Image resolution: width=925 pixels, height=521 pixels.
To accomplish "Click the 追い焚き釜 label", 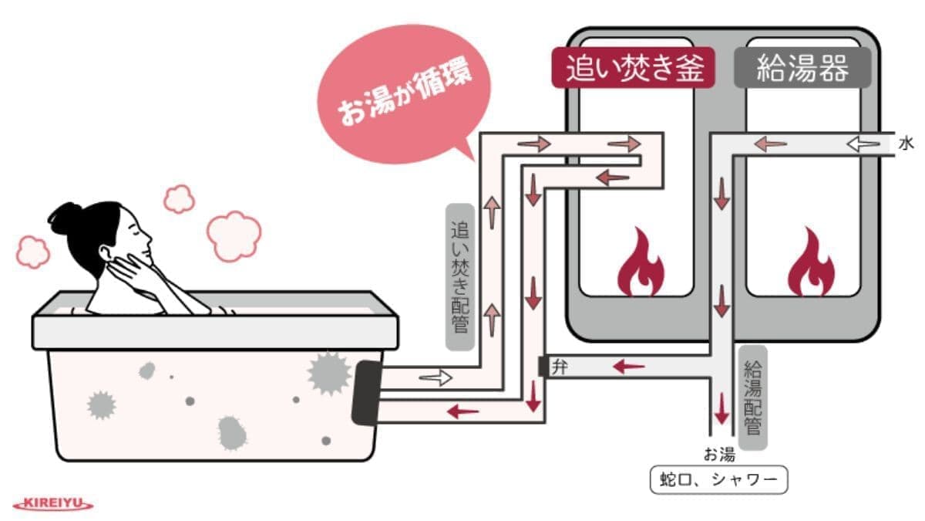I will coord(634,68).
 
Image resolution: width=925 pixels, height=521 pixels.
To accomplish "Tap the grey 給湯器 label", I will coord(802,68).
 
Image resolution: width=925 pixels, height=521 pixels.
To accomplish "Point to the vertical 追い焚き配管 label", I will coord(460,278).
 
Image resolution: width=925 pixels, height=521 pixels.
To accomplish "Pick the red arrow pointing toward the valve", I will coord(628,366).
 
